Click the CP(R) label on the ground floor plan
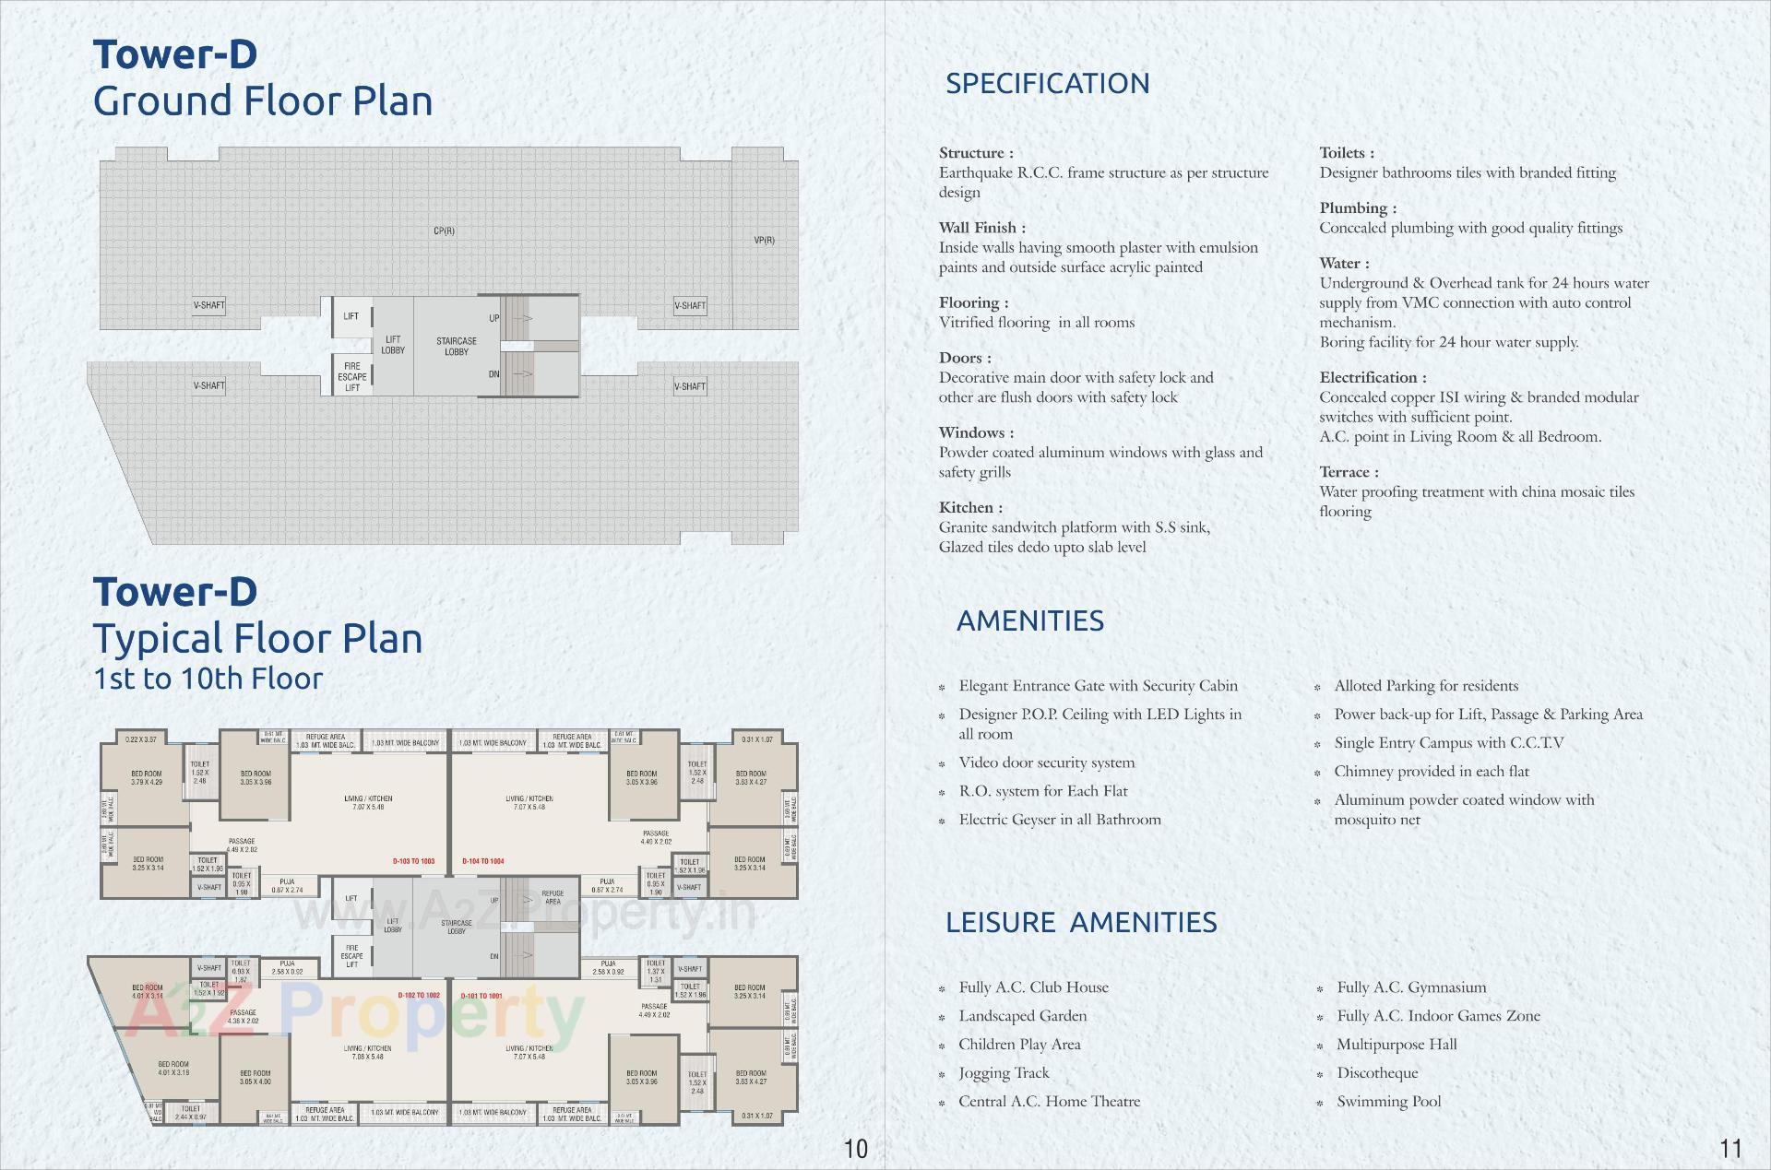click(444, 230)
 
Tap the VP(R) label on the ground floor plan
click(764, 240)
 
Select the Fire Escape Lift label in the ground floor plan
click(351, 377)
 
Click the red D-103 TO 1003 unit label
click(413, 861)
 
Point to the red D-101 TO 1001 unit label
click(481, 996)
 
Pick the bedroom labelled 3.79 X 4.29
click(146, 778)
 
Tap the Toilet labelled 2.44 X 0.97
click(191, 1113)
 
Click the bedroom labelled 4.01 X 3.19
click(173, 1069)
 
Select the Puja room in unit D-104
click(607, 886)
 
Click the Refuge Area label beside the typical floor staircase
click(553, 897)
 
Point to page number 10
click(855, 1148)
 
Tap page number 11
click(1730, 1148)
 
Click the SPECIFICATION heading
click(1047, 84)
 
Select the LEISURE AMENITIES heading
click(1080, 922)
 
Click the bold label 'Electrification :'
click(1373, 377)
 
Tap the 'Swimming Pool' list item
click(1388, 1101)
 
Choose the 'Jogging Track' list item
click(1004, 1072)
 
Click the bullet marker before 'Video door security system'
click(942, 764)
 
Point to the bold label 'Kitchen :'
click(970, 507)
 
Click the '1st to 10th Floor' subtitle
click(208, 679)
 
